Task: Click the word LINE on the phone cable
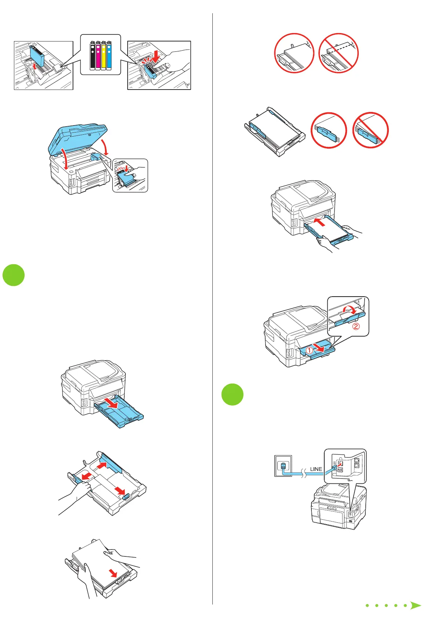(316, 469)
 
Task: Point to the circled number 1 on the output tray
(310, 351)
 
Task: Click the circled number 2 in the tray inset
(356, 326)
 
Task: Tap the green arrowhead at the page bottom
(415, 605)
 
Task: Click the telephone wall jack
(283, 466)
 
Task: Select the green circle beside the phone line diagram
(233, 394)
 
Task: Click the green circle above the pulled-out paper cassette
(14, 275)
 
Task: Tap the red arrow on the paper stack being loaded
(114, 573)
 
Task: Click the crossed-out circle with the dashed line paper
(338, 53)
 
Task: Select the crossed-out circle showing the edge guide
(370, 130)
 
